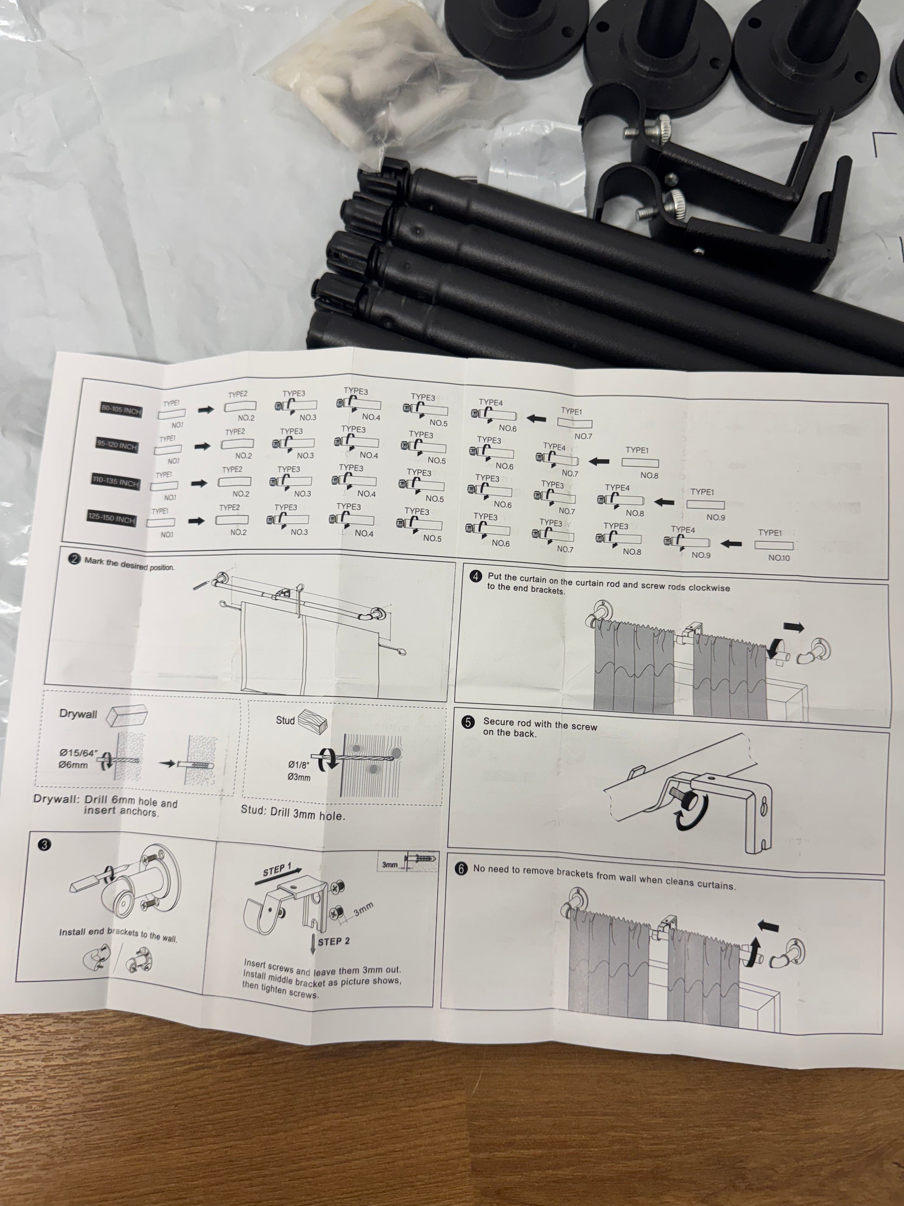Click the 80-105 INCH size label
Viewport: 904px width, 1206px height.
click(x=121, y=409)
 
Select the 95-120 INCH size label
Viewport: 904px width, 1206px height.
click(x=117, y=445)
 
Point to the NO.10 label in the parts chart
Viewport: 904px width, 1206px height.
click(x=779, y=558)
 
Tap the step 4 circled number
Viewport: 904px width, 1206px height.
click(x=476, y=576)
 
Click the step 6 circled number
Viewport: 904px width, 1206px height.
click(x=461, y=869)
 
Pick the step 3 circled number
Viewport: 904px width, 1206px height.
click(x=44, y=845)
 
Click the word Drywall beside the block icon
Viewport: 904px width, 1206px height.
click(x=78, y=714)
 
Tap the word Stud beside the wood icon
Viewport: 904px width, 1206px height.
click(x=285, y=720)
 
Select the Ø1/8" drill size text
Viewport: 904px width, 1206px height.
click(x=299, y=765)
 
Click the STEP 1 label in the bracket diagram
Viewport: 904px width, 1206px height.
click(x=277, y=870)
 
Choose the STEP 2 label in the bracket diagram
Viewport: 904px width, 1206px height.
click(x=334, y=942)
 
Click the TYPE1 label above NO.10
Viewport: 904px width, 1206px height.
click(x=769, y=533)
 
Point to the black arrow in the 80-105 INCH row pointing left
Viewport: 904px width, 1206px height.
click(x=536, y=419)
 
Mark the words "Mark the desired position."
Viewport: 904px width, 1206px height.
click(x=129, y=564)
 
